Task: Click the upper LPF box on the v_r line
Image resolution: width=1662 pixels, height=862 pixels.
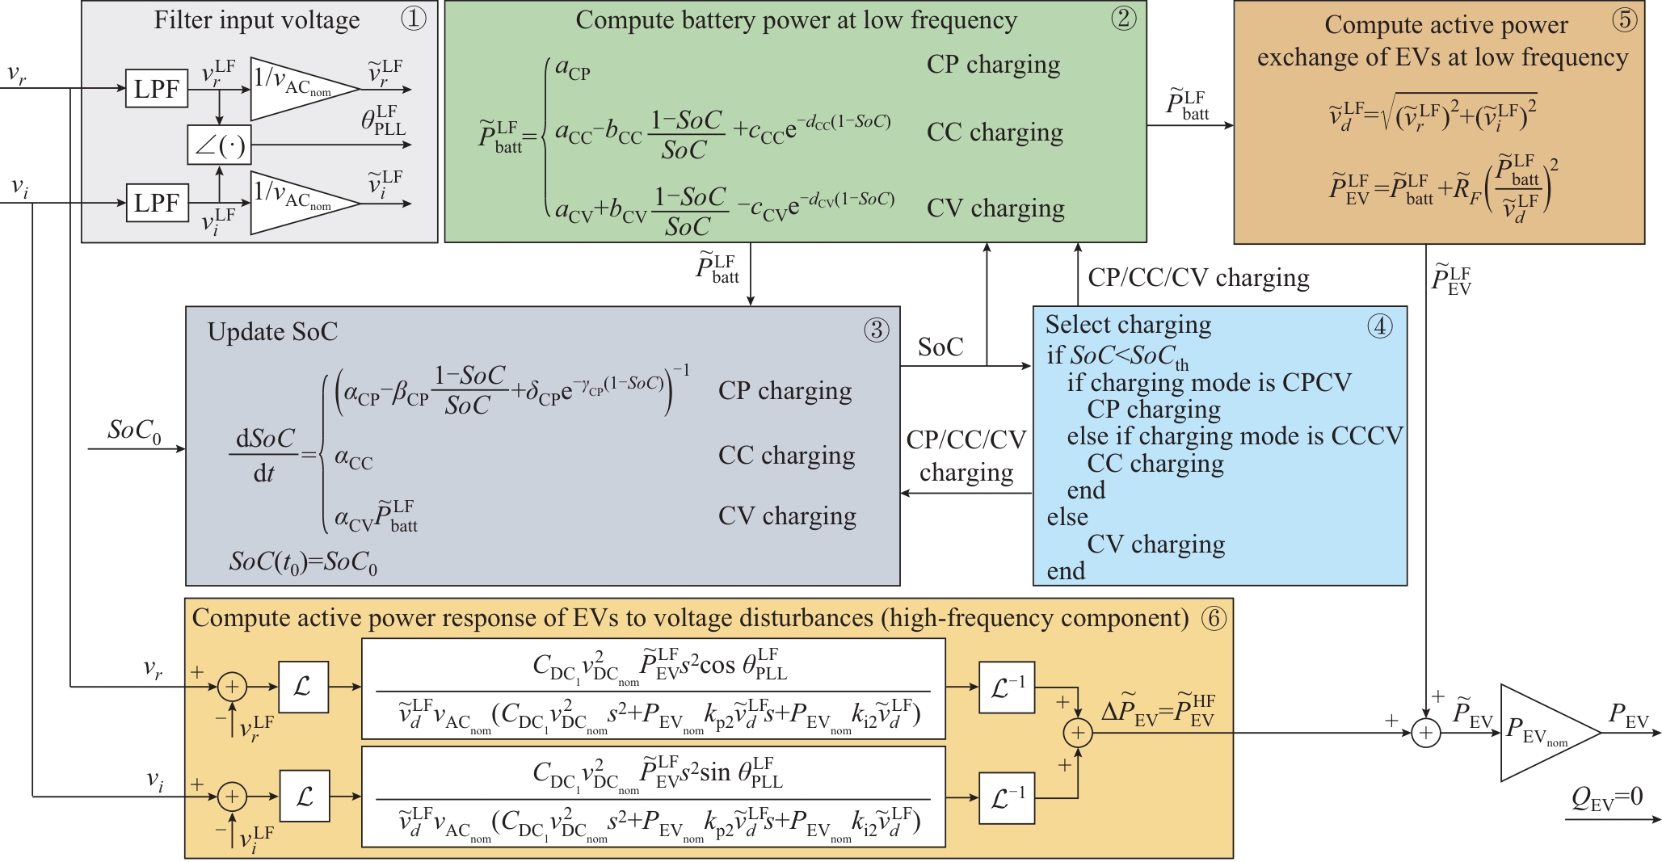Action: (157, 89)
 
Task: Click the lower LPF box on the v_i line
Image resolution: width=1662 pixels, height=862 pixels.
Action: (157, 203)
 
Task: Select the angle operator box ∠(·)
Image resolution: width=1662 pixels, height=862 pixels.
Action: (219, 145)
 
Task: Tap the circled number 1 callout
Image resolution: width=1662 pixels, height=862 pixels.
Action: (413, 19)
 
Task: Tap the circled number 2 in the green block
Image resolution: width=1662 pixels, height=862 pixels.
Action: (1122, 19)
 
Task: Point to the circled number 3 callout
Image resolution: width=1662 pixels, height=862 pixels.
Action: (876, 330)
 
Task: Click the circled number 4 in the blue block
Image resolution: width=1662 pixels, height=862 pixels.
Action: (1379, 326)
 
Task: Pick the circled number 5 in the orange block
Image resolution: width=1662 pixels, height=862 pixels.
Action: (1624, 20)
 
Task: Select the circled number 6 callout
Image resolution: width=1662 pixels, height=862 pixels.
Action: (1214, 619)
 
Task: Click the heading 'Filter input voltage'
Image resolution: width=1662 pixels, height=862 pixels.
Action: (257, 20)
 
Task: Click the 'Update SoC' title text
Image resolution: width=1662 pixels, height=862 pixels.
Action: (272, 332)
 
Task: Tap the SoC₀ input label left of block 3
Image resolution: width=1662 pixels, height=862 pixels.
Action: (134, 431)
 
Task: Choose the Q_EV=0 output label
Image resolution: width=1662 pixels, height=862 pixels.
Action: (1606, 798)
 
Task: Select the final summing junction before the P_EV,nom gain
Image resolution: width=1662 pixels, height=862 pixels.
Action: (1426, 733)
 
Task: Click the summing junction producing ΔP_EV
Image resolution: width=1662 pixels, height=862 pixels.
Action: (1078, 733)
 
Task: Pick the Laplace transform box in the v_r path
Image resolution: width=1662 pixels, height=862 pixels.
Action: (303, 687)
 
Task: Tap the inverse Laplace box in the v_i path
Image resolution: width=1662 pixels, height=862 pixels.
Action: (1007, 798)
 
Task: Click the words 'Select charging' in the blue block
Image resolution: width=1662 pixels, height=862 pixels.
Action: (1128, 325)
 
